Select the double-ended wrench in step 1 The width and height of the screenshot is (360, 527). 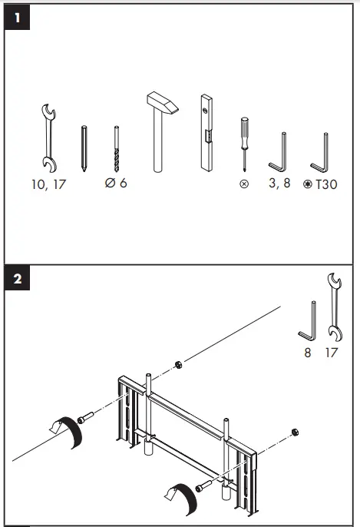[x=47, y=137]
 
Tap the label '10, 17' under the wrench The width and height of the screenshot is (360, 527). [x=49, y=184]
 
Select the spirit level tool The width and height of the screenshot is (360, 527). [x=206, y=132]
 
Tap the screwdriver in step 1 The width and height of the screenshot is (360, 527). [x=244, y=142]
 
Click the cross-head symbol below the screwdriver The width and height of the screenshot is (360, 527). [x=244, y=184]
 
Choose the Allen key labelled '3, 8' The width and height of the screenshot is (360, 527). [x=279, y=154]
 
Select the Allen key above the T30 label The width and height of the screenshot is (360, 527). [x=321, y=154]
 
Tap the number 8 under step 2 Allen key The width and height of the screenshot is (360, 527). [x=309, y=353]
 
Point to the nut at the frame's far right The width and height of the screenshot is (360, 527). [x=294, y=432]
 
